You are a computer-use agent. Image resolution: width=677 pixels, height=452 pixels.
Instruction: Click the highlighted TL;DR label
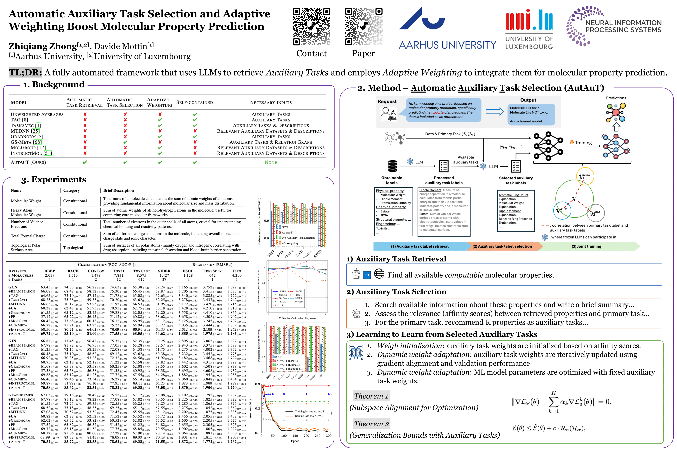coord(26,72)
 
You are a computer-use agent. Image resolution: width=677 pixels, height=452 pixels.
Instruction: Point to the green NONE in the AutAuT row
coord(271,162)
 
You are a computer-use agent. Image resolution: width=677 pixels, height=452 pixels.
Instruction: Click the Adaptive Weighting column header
coord(160,102)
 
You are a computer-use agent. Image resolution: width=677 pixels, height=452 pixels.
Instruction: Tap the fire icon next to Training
coord(572,142)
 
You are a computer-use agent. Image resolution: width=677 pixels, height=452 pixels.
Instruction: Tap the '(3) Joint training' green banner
coord(586,246)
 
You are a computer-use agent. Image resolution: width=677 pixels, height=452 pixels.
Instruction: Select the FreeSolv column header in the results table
coord(212,271)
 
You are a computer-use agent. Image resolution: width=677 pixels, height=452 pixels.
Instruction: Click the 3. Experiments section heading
coord(54,180)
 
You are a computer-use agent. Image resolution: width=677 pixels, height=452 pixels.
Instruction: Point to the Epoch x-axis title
coord(295,441)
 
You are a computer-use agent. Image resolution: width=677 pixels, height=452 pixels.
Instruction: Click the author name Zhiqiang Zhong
coord(43,46)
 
